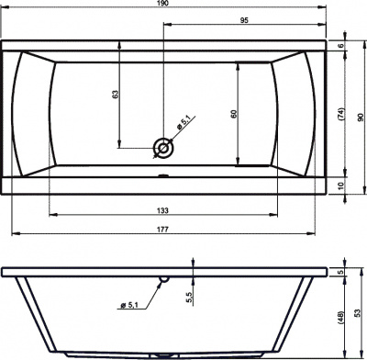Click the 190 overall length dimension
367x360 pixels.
163,3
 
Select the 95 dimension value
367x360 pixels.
244,20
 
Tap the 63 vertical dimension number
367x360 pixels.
115,94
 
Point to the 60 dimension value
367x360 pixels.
234,114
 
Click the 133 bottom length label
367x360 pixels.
162,210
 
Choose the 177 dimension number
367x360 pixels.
162,230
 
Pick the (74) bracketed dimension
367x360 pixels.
341,114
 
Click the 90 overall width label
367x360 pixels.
361,118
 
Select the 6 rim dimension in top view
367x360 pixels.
341,46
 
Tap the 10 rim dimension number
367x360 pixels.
341,185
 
